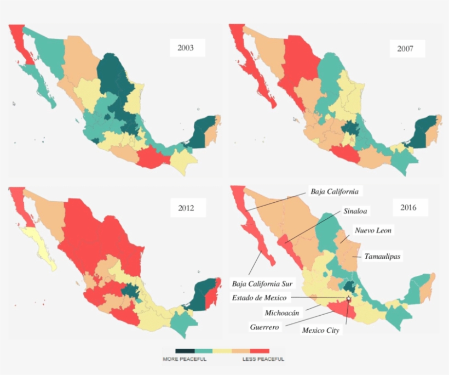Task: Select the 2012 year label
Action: tap(185, 208)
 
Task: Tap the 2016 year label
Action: tap(407, 207)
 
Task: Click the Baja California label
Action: tap(334, 191)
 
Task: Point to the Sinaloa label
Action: tap(355, 211)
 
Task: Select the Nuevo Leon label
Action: tap(373, 231)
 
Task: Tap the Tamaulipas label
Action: tap(382, 256)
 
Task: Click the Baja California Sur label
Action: tap(263, 283)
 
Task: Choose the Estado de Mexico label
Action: tap(260, 298)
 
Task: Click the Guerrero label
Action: tap(265, 327)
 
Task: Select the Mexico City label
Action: tap(321, 330)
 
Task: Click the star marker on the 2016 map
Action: tap(348, 298)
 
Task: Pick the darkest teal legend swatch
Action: tap(185, 350)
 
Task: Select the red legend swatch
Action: tap(260, 350)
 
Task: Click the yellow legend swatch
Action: tap(222, 350)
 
